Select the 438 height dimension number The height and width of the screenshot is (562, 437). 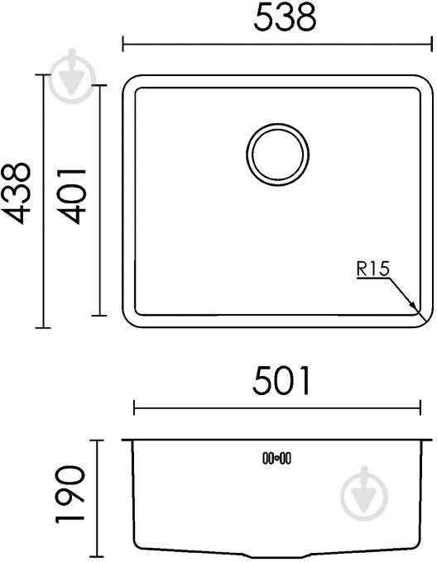17,193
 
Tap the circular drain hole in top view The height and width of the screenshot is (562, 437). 278,155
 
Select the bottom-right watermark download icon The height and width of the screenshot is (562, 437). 363,495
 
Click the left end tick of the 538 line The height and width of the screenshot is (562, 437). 123,44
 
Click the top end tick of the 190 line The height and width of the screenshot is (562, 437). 98,441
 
